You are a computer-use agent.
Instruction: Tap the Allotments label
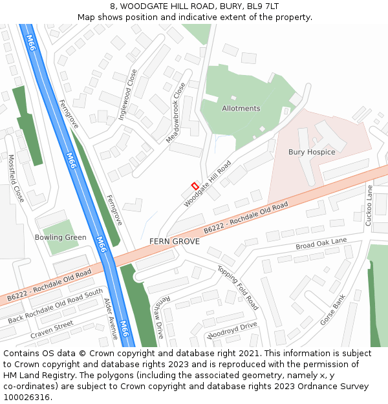pos(241,109)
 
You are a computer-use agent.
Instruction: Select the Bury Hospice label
pos(312,152)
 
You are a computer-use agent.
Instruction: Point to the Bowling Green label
pos(61,237)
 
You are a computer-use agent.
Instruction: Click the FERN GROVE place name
pos(175,241)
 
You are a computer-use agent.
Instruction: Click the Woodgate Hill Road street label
pos(208,184)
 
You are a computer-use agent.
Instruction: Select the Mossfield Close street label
pos(16,178)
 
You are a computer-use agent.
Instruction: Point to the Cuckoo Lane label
pos(370,205)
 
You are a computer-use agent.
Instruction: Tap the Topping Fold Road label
pos(238,288)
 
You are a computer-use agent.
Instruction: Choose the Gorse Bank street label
pos(334,310)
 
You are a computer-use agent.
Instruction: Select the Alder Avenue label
pos(111,319)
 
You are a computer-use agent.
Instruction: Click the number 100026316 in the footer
pos(28,398)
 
